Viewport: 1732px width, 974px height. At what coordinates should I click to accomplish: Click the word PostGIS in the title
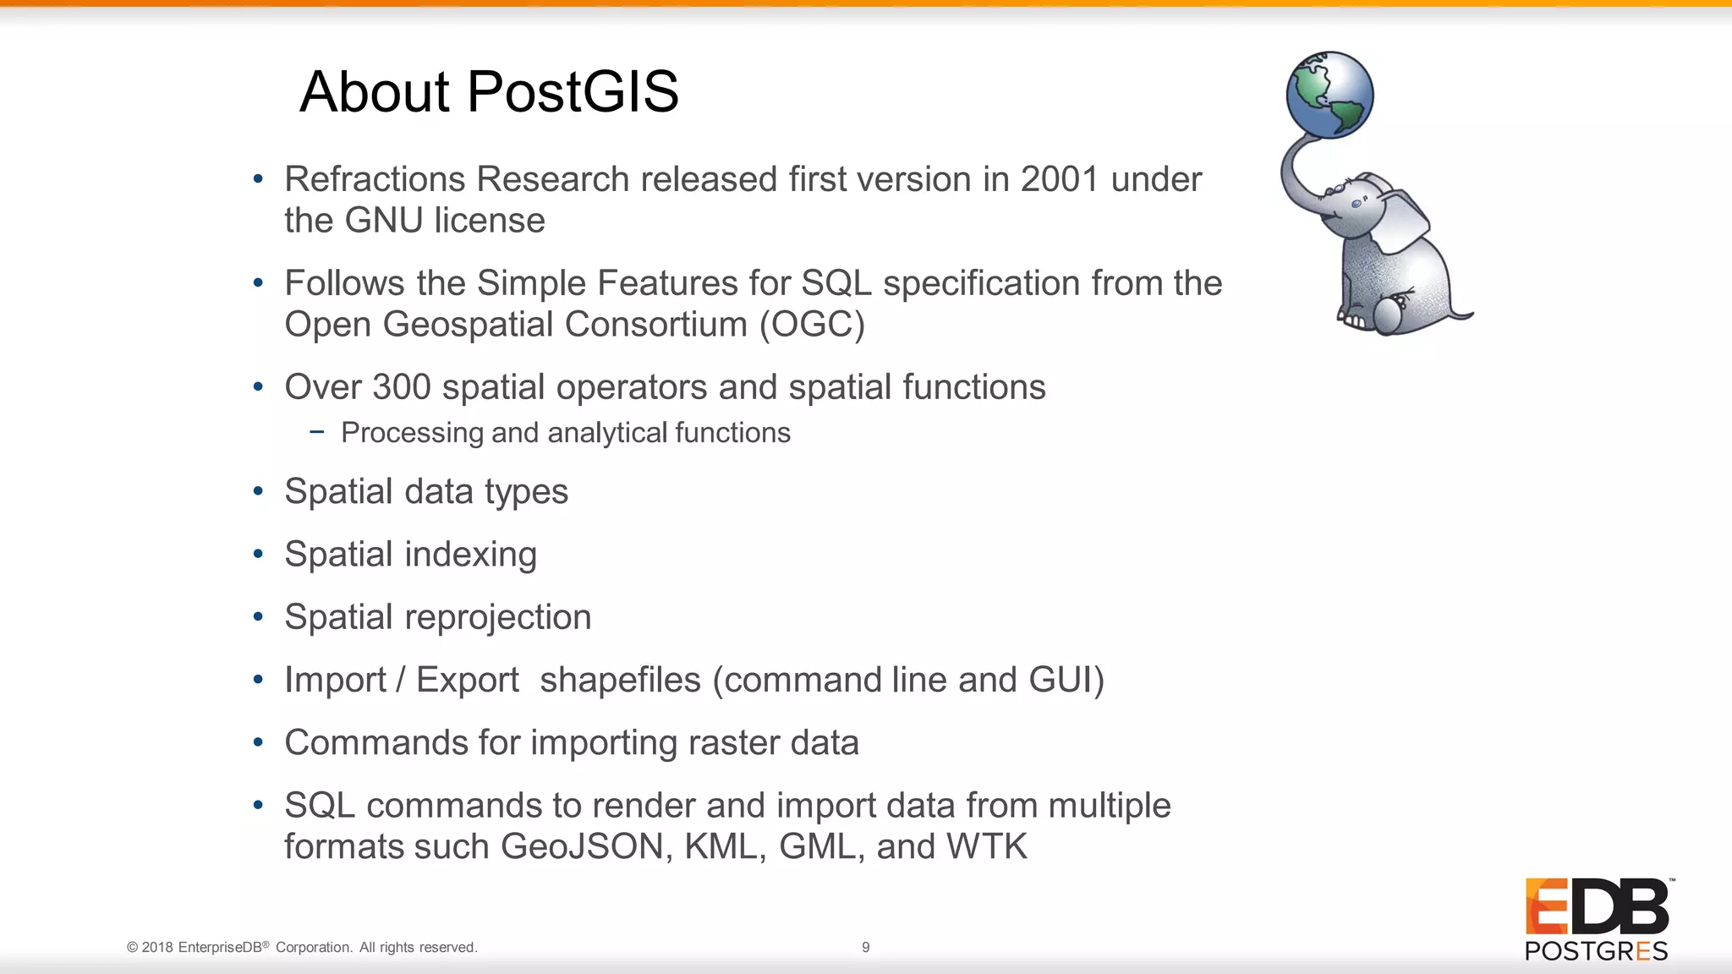(x=573, y=91)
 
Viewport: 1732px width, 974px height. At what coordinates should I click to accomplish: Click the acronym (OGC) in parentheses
(x=812, y=325)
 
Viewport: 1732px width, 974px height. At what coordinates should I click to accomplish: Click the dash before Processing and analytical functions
(x=317, y=432)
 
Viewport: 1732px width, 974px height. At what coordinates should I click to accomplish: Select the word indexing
(x=471, y=555)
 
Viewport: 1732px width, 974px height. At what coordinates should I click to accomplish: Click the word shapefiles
(x=620, y=680)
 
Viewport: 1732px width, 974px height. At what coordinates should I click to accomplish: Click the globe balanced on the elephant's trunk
(x=1329, y=95)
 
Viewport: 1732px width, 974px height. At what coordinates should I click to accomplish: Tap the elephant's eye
(x=1357, y=204)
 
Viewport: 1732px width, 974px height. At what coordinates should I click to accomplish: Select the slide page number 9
(x=865, y=948)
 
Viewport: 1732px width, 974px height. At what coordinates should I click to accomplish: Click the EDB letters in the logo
(x=1597, y=907)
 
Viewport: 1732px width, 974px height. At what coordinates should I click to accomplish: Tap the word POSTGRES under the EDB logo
(x=1596, y=951)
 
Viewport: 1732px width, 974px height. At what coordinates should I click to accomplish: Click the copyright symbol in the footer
(x=132, y=948)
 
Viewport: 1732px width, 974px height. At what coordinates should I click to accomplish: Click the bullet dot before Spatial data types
(x=258, y=491)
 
